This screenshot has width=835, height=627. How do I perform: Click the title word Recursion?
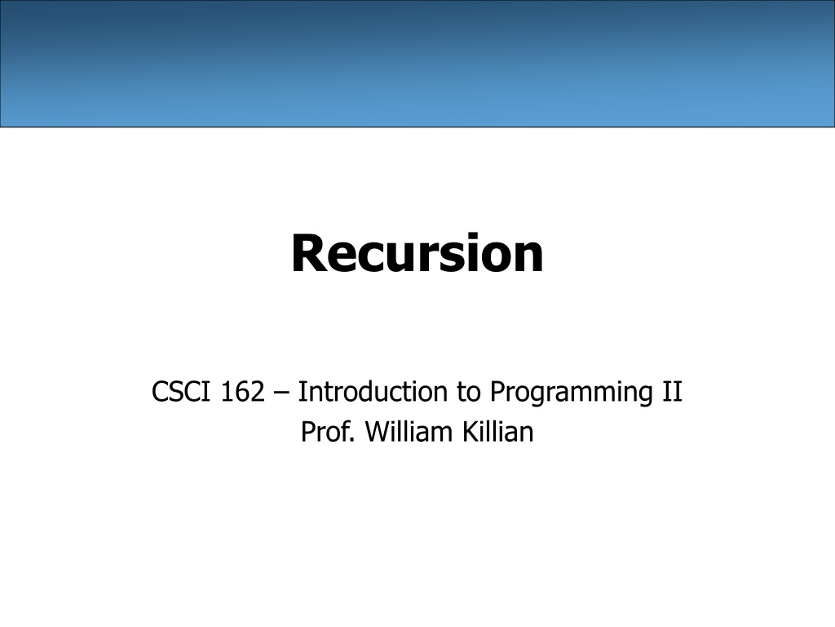coord(417,253)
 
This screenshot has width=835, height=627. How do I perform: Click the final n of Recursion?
coord(528,257)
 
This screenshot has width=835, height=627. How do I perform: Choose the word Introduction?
coord(373,391)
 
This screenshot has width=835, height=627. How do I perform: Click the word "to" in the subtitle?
coord(469,393)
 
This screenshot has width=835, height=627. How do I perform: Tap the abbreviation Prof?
coord(328,432)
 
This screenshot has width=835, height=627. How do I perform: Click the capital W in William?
coord(378,433)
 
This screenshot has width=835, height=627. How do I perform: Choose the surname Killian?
coord(498,432)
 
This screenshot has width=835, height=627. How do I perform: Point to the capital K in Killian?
coord(471,433)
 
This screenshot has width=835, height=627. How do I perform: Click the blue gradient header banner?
coord(417,64)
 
